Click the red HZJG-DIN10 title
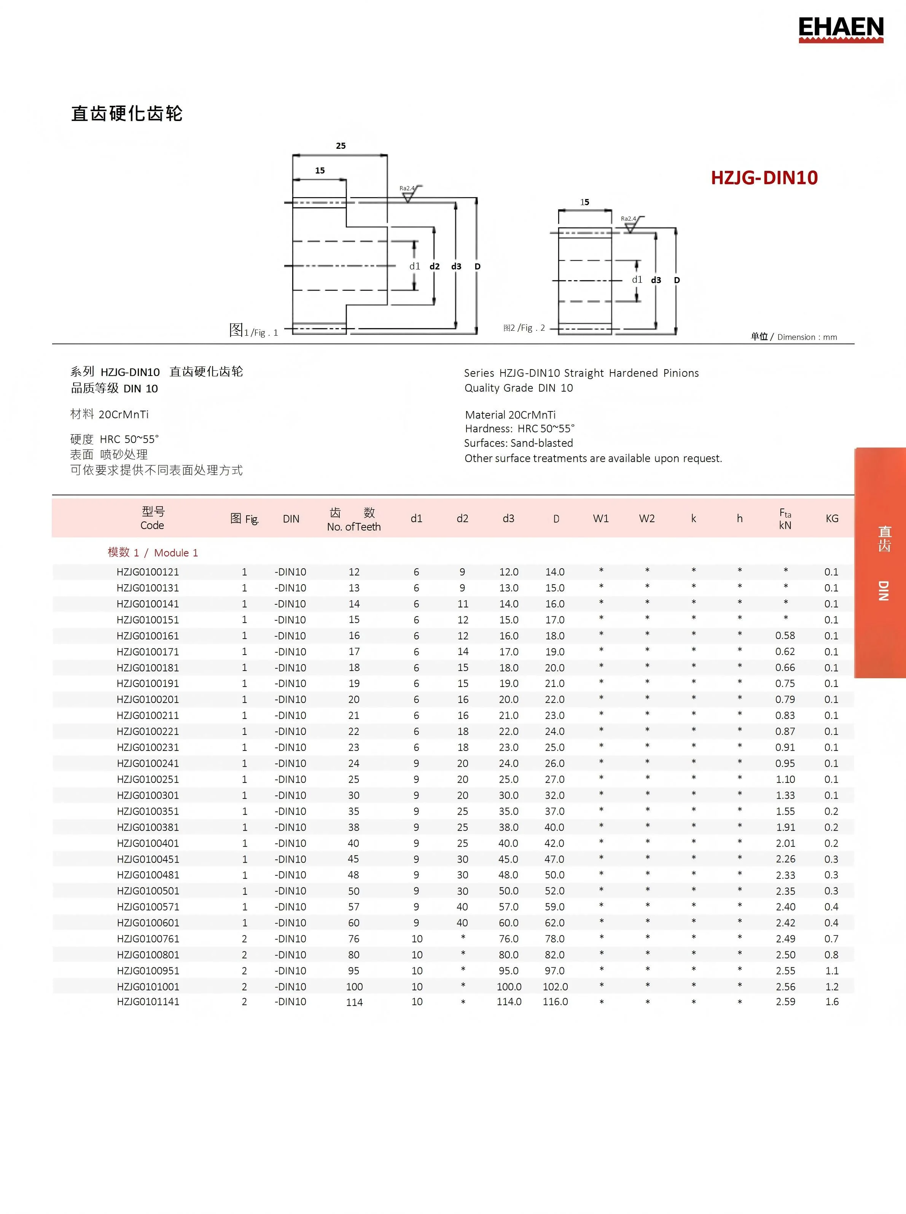[x=764, y=178]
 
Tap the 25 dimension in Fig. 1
[x=341, y=146]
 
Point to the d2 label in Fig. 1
[x=434, y=267]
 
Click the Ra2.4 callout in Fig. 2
[x=629, y=219]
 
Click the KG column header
[x=831, y=518]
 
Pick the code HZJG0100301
[x=148, y=795]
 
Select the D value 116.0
[x=555, y=1002]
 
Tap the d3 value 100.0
[x=509, y=986]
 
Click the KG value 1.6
[x=831, y=1002]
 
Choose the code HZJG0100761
[x=148, y=938]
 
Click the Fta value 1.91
[x=785, y=827]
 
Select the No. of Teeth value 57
[x=354, y=907]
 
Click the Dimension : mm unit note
[x=807, y=338]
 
